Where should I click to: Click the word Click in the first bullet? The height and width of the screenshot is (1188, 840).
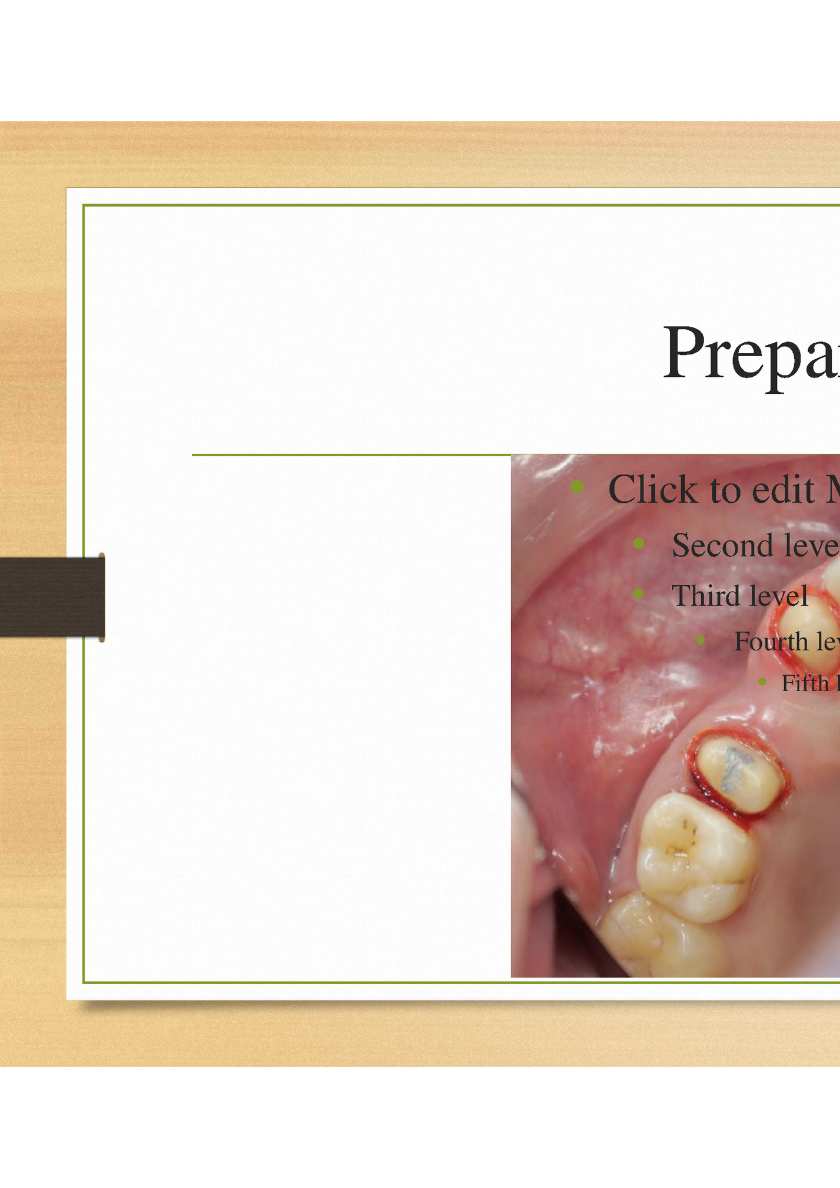(652, 489)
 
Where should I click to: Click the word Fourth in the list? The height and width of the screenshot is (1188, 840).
(771, 641)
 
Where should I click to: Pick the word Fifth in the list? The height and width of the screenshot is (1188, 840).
(805, 683)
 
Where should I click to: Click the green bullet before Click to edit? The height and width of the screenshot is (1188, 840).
(577, 486)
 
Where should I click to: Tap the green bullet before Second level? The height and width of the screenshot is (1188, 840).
(639, 543)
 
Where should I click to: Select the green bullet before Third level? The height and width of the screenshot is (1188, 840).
(638, 593)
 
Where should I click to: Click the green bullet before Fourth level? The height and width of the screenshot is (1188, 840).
(700, 640)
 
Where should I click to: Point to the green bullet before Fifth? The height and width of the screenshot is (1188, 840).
(762, 682)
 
